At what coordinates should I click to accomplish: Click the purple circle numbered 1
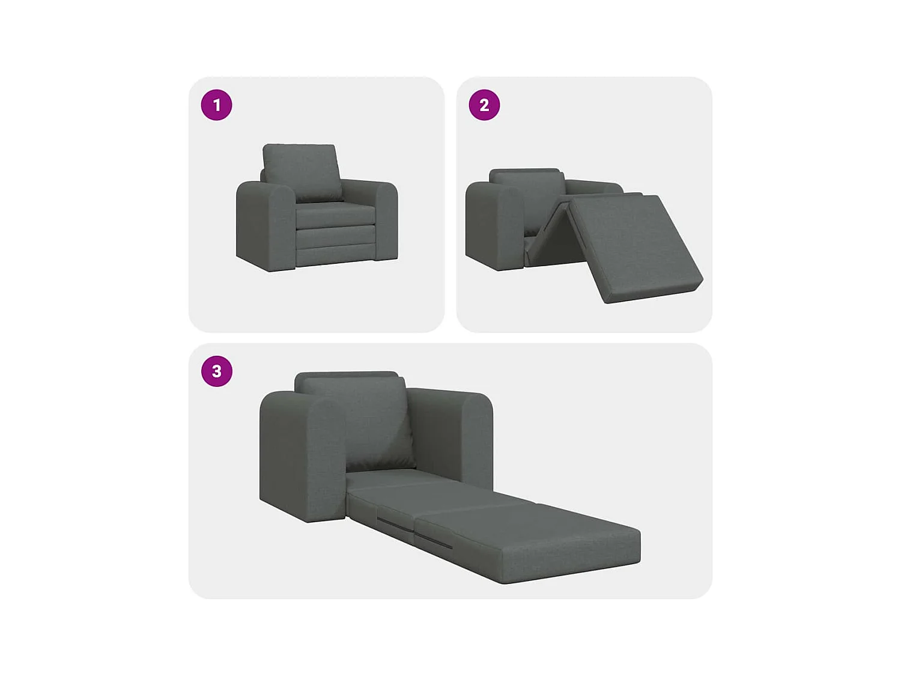(216, 105)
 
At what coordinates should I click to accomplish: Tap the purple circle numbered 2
(484, 105)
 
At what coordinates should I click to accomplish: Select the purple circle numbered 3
(216, 371)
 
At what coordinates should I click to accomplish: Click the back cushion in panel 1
(301, 171)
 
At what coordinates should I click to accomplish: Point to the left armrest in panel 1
(264, 225)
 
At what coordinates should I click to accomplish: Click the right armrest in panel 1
(384, 219)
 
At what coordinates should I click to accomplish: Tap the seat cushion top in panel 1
(333, 212)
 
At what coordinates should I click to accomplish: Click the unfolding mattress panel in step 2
(634, 246)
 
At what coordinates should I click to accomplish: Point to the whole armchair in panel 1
(317, 207)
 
